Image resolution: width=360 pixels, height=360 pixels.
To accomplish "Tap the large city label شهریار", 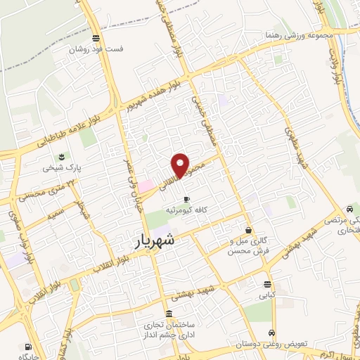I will pos(157,241).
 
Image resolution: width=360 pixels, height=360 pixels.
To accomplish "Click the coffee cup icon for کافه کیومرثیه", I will pos(186,199).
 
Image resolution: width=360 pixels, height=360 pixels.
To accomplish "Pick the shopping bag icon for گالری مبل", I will pos(248,229).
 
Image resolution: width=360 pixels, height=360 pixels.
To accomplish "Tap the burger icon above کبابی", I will pos(266,284).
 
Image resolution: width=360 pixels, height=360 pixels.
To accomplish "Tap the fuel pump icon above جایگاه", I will pos(27,347).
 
